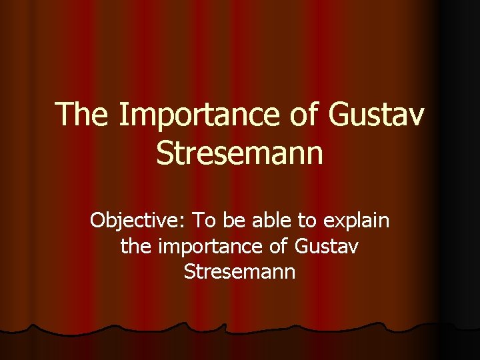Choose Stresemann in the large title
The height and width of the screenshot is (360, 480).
(239, 153)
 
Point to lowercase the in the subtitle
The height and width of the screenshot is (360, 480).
(137, 246)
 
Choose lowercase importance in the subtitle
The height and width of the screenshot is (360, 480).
(211, 247)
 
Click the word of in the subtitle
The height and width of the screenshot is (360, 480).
(279, 246)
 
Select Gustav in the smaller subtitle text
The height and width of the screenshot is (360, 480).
(326, 246)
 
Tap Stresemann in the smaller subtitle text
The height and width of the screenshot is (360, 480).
(239, 272)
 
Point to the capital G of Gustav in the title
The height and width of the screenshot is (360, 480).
(339, 114)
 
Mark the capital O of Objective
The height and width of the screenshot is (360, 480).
(97, 220)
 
